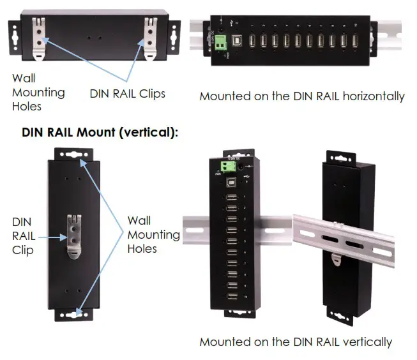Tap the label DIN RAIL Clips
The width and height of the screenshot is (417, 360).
click(x=127, y=94)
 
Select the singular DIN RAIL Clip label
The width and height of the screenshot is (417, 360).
click(x=23, y=236)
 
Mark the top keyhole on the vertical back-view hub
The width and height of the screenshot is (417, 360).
click(x=75, y=155)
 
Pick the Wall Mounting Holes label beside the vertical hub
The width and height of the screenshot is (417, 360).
click(x=153, y=234)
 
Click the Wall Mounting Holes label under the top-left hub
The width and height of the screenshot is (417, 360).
click(x=38, y=93)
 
